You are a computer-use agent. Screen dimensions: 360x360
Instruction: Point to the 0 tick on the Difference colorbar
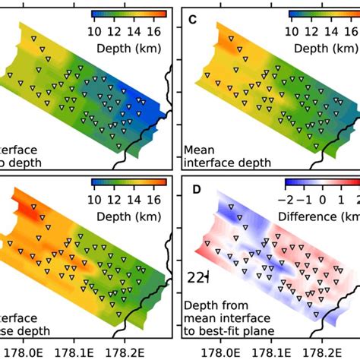pos(323,200)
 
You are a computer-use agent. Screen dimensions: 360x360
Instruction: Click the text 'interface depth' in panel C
pos(223,162)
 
